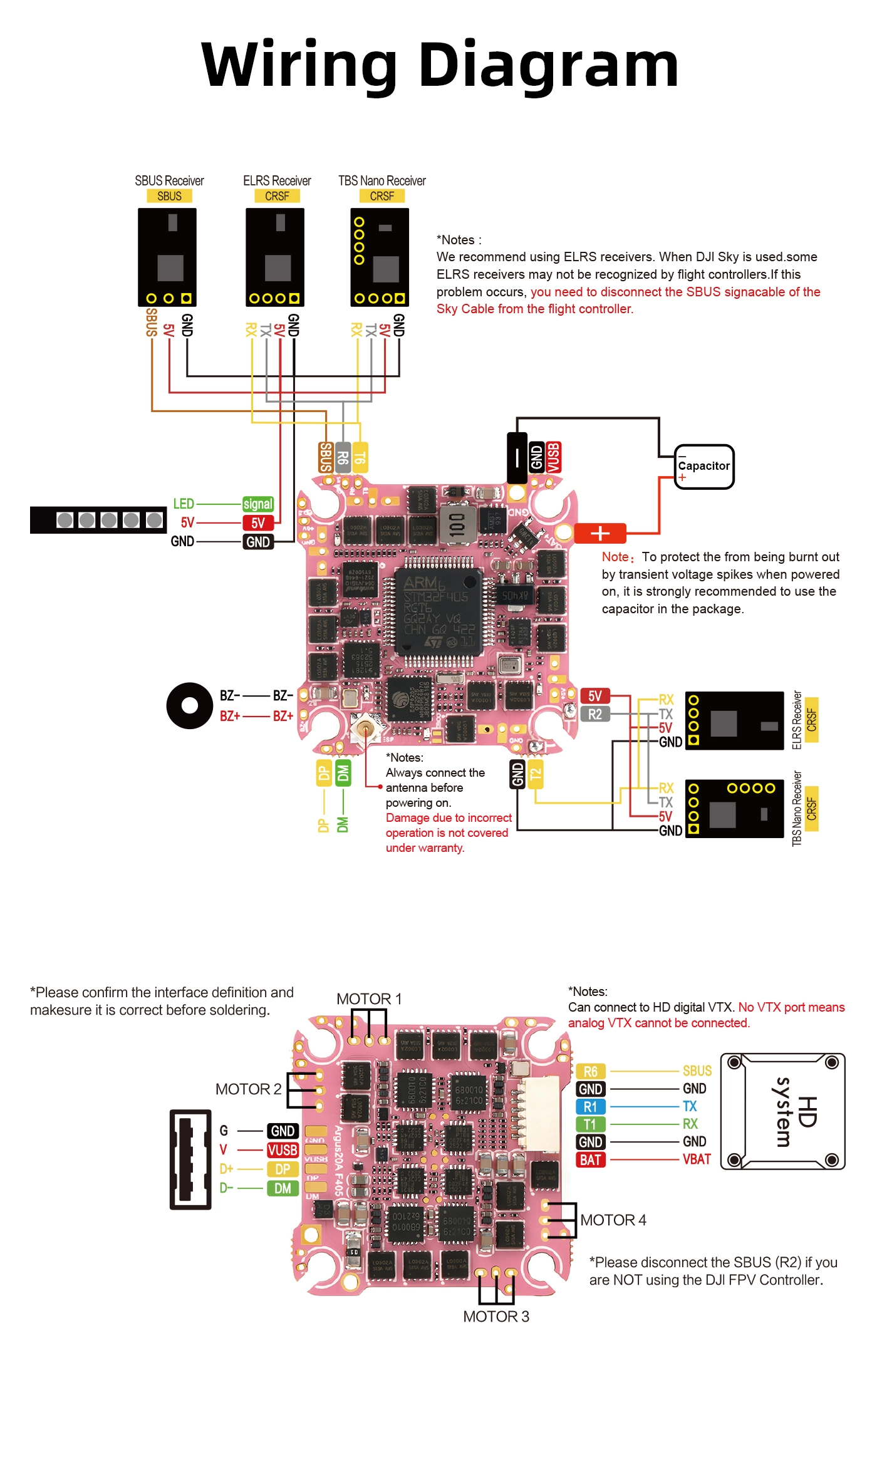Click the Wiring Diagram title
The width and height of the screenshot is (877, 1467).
point(440,65)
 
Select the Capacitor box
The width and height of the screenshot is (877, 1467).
point(703,467)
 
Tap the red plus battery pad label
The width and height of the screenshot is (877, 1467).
point(599,533)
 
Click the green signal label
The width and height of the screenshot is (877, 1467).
point(257,504)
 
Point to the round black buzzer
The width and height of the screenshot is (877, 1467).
point(189,705)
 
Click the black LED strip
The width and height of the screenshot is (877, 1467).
point(98,520)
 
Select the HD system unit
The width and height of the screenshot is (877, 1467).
point(782,1111)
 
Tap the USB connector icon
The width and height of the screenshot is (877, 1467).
point(190,1159)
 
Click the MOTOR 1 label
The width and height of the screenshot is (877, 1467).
point(369,999)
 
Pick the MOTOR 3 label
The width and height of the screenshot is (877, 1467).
point(496,1317)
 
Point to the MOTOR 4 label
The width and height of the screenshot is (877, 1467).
point(613,1220)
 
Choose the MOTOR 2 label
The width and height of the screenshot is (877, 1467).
point(248,1089)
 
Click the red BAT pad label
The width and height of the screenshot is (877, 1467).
point(590,1160)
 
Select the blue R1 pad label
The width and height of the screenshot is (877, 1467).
point(590,1107)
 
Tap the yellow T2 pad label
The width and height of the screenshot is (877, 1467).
point(535,774)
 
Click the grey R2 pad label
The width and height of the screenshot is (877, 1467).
point(594,714)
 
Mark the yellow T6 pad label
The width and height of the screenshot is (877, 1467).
point(360,457)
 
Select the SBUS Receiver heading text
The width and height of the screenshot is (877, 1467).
point(169,181)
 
